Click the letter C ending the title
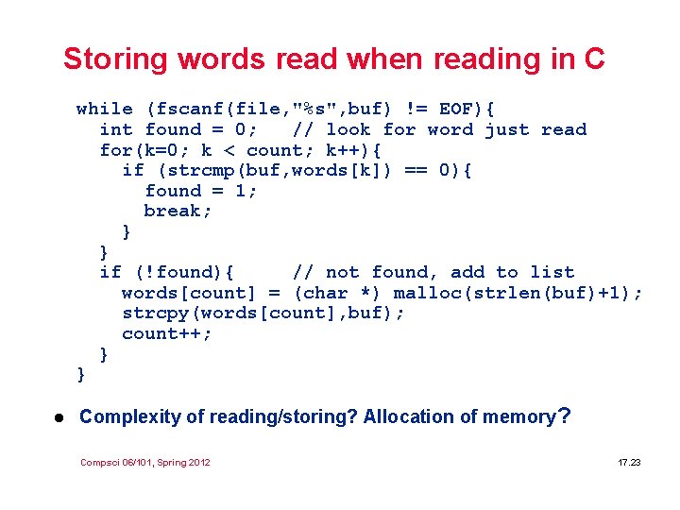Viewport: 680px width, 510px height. [x=594, y=59]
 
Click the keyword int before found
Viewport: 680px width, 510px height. [x=116, y=129]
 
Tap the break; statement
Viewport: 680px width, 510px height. [x=178, y=211]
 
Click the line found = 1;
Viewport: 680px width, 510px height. [x=201, y=190]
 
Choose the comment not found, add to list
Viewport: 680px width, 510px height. [x=433, y=272]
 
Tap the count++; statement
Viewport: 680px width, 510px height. [x=167, y=333]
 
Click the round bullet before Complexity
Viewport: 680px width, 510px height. [x=58, y=416]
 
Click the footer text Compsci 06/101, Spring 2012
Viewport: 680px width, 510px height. [x=145, y=462]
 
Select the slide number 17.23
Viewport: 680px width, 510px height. [x=629, y=462]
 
